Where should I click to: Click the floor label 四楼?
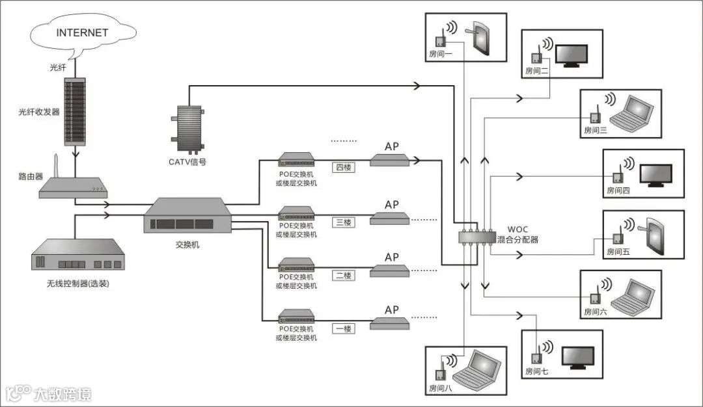(x=343, y=168)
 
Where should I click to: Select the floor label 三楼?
(x=343, y=222)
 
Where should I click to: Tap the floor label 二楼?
(x=343, y=276)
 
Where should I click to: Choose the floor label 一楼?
(x=343, y=329)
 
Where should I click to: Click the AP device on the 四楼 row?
(x=390, y=160)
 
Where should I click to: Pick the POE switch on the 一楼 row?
(x=297, y=319)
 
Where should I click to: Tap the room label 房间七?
(x=537, y=372)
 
